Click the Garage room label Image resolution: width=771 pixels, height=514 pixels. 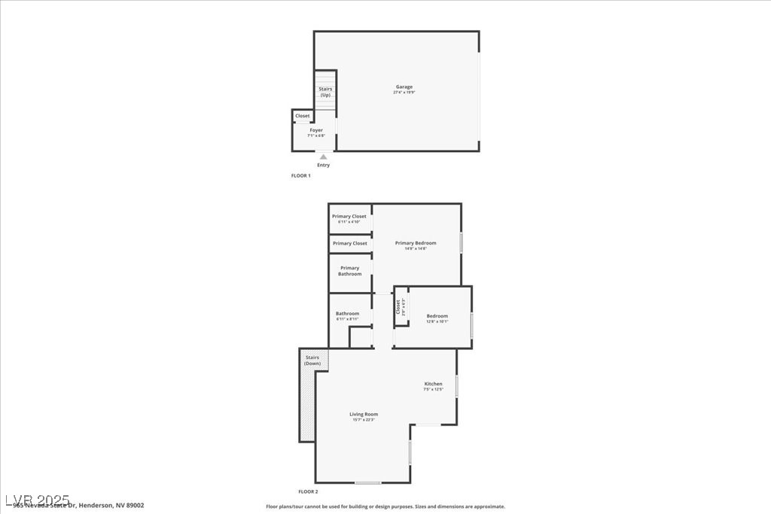[x=404, y=87]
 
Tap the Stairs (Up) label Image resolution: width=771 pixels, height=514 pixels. [x=325, y=92]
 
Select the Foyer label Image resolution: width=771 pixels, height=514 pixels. [x=316, y=130]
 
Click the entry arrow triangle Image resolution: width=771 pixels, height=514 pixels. [x=324, y=157]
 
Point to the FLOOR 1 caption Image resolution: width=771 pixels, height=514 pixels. [x=301, y=175]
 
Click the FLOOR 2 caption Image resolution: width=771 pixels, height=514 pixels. [x=309, y=491]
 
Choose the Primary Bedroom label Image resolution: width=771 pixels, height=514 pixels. [x=416, y=243]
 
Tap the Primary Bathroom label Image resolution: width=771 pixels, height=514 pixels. [x=349, y=271]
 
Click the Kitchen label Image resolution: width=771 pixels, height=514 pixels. [x=433, y=384]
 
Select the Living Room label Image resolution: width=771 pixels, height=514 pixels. [x=364, y=414]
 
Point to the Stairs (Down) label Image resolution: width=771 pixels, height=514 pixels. [x=312, y=360]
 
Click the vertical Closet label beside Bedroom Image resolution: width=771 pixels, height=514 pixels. [x=398, y=307]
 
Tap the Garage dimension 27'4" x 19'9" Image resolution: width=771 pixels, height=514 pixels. [x=404, y=93]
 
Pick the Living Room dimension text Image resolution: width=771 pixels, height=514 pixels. [x=364, y=420]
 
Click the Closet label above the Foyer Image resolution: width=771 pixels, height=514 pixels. [x=303, y=116]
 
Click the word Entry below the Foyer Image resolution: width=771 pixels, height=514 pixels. [x=324, y=165]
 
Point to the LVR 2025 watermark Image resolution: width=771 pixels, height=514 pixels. [x=38, y=500]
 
